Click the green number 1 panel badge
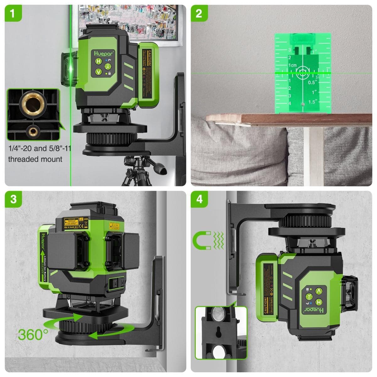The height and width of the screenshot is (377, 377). pos(13,13)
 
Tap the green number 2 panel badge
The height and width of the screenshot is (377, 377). pos(199,13)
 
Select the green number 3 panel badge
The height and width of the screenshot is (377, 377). pos(13,199)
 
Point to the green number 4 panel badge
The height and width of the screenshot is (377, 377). pos(199,199)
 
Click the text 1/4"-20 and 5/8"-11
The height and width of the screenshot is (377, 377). pos(39,148)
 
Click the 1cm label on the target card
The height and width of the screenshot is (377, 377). pos(292,65)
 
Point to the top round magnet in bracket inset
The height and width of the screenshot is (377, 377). pos(218,314)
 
